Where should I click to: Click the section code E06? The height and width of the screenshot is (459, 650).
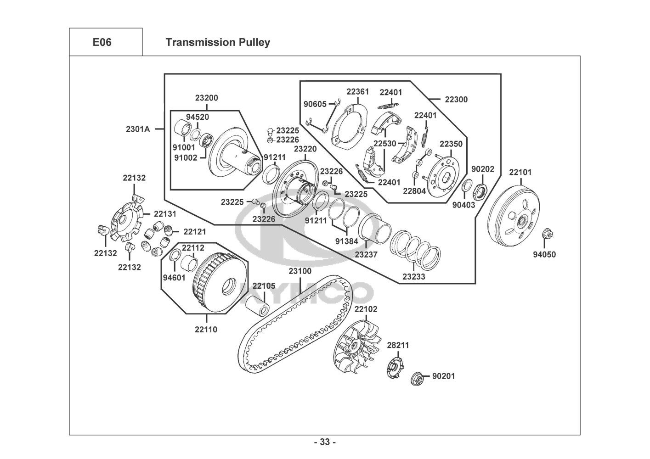[x=102, y=42]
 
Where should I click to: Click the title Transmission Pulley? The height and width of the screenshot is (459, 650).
[x=217, y=42]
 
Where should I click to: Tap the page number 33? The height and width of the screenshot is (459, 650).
[x=325, y=442]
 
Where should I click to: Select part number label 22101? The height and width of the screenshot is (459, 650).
[x=520, y=172]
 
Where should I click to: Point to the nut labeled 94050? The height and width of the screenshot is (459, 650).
[x=547, y=234]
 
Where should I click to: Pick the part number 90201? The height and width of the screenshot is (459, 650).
[x=443, y=376]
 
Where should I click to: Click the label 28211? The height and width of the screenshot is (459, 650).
[x=397, y=345]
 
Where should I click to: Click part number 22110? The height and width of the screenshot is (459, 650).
[x=206, y=329]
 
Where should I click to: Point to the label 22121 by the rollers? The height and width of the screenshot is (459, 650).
[x=195, y=231]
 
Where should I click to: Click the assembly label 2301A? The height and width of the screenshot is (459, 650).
[x=138, y=129]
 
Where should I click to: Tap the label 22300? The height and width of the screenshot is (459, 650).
[x=456, y=99]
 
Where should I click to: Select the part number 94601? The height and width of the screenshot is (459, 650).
[x=174, y=277]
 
